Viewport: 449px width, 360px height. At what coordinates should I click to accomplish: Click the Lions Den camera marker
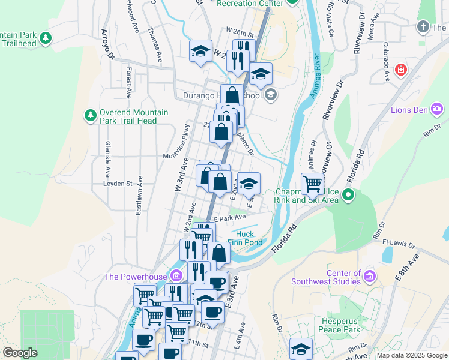438,109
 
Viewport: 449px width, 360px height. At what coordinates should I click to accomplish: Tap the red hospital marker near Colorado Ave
400,71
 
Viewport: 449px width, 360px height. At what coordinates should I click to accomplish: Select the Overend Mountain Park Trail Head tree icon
90,115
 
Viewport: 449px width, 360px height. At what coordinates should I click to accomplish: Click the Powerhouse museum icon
176,276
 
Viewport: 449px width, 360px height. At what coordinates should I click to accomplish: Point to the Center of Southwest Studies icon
369,276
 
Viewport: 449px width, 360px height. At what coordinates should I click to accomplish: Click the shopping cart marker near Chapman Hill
312,183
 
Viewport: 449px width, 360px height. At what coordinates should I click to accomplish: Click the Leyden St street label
117,184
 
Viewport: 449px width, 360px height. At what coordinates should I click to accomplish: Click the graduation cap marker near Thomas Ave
200,52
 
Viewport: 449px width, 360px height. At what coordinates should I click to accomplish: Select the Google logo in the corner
20,353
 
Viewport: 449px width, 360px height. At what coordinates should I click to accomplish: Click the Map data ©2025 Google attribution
412,355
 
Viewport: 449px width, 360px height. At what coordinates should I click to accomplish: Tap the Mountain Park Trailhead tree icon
46,39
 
